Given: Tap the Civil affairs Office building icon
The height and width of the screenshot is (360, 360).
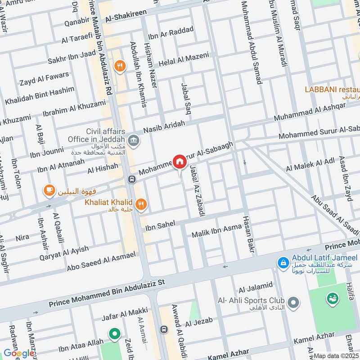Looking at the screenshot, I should (133, 140).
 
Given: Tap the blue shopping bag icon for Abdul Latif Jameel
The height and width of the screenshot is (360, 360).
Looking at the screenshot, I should (283, 261).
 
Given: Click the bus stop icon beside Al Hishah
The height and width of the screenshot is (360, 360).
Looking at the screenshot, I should (131, 179).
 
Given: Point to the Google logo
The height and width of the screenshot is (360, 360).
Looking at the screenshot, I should (19, 353).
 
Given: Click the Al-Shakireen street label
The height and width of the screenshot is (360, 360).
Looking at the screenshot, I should (126, 17).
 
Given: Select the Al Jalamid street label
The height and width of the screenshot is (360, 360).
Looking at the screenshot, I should (256, 286).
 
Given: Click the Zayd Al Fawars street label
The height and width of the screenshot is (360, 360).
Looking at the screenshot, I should (45, 79).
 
